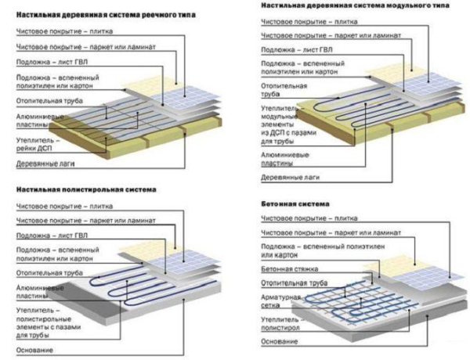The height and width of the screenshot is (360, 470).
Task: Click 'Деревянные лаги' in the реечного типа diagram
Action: (43, 164)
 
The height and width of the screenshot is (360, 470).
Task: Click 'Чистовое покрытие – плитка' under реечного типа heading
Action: (62, 33)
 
